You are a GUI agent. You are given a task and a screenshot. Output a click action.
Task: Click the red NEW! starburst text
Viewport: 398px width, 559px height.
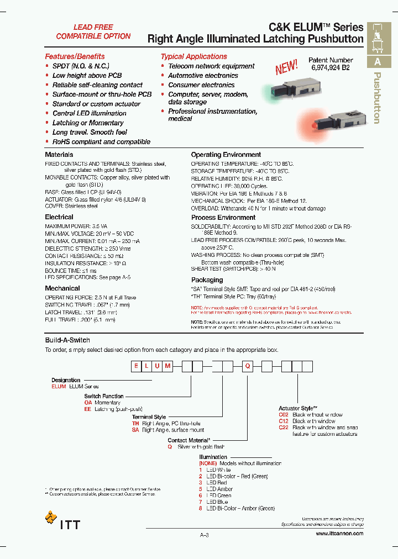pyautogui.click(x=287, y=67)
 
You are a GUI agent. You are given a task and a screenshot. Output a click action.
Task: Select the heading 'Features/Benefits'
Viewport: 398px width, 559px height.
pyautogui.click(x=75, y=56)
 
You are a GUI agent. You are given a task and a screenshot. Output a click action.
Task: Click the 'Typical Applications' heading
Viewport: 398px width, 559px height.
pyautogui.click(x=193, y=56)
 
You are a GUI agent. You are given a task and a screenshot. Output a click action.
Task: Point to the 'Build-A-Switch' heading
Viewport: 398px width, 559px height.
pyautogui.click(x=67, y=340)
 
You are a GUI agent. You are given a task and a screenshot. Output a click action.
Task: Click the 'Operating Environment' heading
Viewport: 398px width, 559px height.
pyautogui.click(x=226, y=155)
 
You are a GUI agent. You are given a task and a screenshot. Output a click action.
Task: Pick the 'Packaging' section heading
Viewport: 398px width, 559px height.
pyautogui.click(x=207, y=280)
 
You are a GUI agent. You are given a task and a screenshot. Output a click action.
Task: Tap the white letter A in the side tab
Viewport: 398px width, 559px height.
pyautogui.click(x=378, y=62)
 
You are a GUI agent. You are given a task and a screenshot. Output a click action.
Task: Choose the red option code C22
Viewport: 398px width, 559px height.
pyautogui.click(x=284, y=428)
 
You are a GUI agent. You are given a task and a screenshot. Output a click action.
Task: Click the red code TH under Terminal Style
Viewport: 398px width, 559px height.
pyautogui.click(x=135, y=423)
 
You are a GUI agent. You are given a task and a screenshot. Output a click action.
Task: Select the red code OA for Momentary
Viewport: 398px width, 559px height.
pyautogui.click(x=88, y=403)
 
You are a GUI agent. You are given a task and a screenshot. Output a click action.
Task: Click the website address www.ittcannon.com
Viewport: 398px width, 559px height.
pyautogui.click(x=339, y=534)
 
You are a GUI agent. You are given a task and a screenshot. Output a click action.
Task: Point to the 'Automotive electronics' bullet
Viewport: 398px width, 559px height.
pyautogui.click(x=203, y=76)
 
